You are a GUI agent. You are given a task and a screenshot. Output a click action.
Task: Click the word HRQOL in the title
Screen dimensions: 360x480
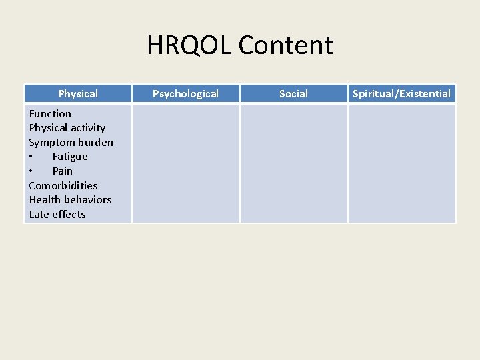189,45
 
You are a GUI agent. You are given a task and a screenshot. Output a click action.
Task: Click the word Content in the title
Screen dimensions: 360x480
285,45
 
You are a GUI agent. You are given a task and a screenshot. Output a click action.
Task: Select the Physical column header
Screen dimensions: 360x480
78,94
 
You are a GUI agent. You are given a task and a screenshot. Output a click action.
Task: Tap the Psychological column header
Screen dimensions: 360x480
185,94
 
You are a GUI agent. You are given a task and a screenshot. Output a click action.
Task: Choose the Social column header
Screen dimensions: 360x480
293,94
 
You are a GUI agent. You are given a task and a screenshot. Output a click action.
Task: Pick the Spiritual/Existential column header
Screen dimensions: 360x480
401,94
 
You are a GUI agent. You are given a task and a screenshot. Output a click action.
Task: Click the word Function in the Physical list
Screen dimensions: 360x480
50,114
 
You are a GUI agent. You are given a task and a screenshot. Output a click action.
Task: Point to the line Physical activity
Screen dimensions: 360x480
67,128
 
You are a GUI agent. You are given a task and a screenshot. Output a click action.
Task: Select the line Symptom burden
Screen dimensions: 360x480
71,143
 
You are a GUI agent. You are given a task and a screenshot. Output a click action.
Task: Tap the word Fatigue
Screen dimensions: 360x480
70,157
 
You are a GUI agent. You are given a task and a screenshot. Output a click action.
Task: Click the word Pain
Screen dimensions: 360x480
63,171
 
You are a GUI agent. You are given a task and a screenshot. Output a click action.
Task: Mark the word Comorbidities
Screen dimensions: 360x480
63,185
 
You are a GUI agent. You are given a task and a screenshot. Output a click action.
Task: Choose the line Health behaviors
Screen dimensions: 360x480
71,200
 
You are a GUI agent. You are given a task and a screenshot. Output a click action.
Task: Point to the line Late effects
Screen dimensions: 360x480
57,215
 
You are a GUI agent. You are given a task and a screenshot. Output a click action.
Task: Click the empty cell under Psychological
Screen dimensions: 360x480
186,163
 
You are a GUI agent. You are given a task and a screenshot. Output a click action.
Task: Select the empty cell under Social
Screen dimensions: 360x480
294,163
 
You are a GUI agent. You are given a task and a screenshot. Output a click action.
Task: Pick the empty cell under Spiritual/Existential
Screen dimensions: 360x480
402,163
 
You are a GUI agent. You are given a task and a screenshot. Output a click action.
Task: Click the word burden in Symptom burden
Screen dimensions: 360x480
95,143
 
